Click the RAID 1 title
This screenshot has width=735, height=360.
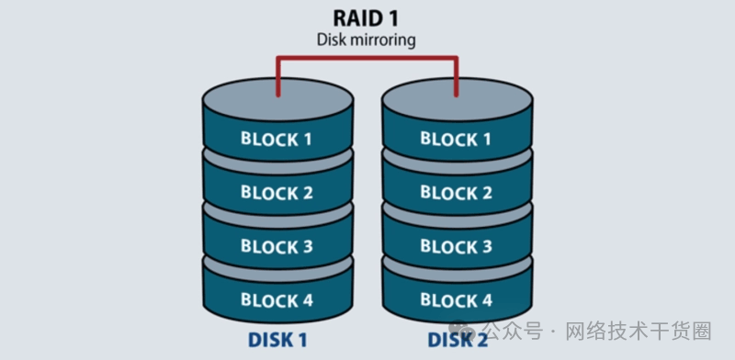click(x=366, y=18)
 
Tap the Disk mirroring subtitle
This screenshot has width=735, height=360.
click(x=366, y=39)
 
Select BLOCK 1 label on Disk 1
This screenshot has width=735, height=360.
click(x=277, y=139)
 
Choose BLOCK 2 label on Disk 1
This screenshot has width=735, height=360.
click(x=277, y=192)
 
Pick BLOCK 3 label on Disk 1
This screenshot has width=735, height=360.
click(x=277, y=246)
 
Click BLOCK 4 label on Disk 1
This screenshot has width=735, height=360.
click(x=277, y=300)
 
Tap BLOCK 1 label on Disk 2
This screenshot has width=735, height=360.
click(x=456, y=140)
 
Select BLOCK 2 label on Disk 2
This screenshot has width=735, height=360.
click(x=456, y=193)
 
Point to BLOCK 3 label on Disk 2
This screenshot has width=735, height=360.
click(x=456, y=246)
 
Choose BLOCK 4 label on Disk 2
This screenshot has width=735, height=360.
click(x=456, y=300)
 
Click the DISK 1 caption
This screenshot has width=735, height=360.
click(x=277, y=341)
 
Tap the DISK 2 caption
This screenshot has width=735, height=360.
click(x=458, y=341)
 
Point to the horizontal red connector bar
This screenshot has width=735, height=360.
click(x=367, y=58)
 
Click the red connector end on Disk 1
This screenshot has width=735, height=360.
click(x=278, y=95)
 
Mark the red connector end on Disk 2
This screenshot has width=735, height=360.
click(x=456, y=95)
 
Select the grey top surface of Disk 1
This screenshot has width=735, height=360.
click(x=278, y=99)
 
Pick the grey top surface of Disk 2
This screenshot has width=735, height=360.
click(x=457, y=99)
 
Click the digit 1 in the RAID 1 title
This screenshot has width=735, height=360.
click(x=393, y=18)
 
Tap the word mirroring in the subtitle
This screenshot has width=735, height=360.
click(x=382, y=40)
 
